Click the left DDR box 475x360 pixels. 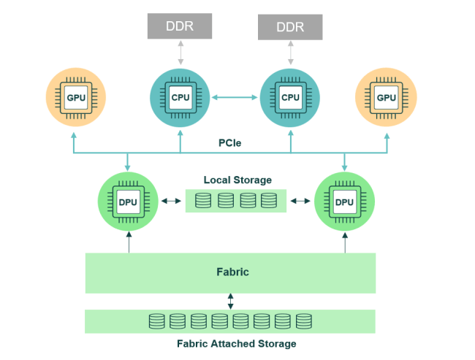[180, 26]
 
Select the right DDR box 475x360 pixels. [290, 27]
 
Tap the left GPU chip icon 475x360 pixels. [76, 98]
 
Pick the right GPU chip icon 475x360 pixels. [387, 98]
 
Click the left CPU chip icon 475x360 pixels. [180, 98]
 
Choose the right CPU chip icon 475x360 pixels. [290, 98]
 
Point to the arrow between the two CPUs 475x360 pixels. [235, 98]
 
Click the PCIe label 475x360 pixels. [230, 143]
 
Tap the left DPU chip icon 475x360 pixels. [128, 202]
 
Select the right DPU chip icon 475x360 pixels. [344, 202]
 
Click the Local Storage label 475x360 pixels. [237, 180]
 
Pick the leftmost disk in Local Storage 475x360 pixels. [203, 200]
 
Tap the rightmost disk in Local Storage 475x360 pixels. [269, 200]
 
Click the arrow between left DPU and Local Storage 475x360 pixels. [171, 201]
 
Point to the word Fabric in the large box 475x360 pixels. [232, 272]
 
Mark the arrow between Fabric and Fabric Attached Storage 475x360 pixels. [230, 302]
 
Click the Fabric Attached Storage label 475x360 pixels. [237, 344]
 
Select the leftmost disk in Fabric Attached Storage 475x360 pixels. [157, 321]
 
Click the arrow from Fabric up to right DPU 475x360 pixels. [345, 242]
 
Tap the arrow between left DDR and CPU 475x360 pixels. [180, 53]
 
